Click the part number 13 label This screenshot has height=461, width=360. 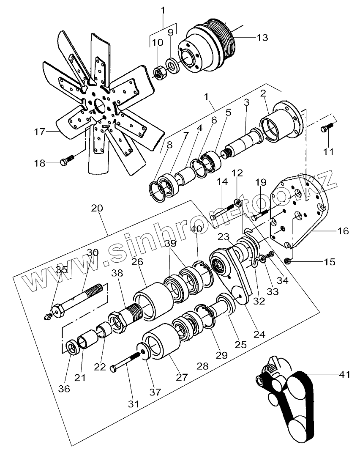click(262, 38)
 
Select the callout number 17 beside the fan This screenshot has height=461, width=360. click(39, 132)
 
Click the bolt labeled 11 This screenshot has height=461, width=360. click(326, 127)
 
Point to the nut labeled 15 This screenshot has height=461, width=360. click(287, 261)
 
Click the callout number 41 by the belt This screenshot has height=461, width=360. click(345, 374)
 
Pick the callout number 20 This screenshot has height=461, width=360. click(97, 208)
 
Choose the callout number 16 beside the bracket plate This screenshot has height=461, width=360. click(343, 231)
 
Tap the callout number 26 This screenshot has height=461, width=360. click(136, 262)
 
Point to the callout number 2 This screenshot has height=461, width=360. click(263, 93)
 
